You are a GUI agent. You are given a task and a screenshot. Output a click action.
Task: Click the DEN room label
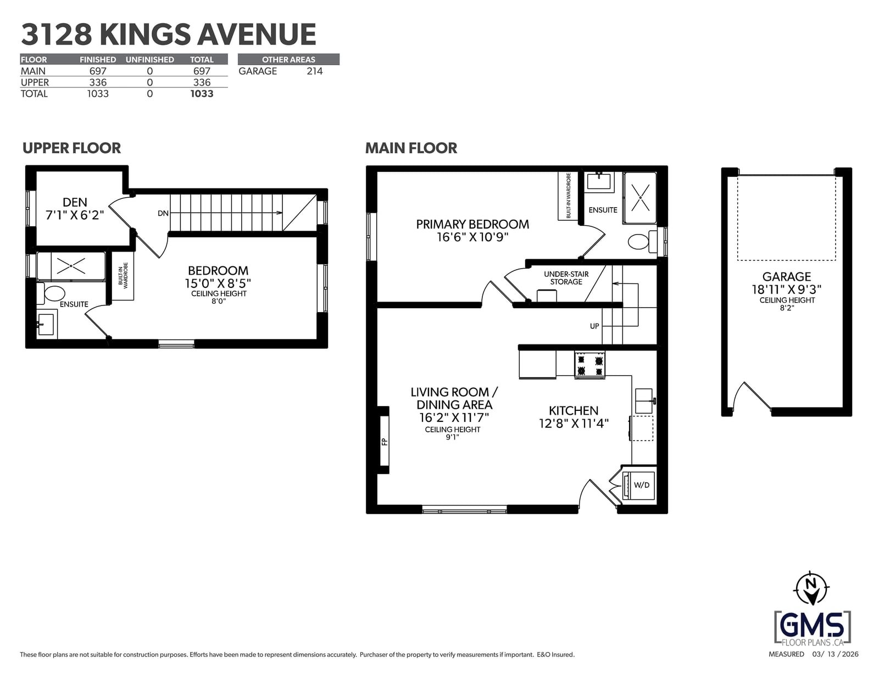(75, 202)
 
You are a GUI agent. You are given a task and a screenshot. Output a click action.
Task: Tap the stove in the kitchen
(589, 365)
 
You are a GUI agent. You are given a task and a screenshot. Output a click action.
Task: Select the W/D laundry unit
(638, 485)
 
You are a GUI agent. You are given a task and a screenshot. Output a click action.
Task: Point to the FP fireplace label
(384, 442)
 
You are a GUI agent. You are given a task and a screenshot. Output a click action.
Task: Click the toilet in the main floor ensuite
(642, 241)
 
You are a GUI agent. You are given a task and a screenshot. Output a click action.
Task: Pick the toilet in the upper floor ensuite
(51, 293)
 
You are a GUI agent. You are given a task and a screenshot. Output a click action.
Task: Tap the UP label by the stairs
(594, 326)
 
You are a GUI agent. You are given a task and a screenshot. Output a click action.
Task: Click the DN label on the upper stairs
(163, 213)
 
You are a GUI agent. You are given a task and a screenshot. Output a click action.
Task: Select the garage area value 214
(314, 71)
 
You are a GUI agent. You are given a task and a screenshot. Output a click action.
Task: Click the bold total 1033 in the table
(202, 94)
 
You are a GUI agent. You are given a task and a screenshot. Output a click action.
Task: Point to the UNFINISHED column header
(149, 59)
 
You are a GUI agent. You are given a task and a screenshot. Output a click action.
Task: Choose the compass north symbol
(810, 588)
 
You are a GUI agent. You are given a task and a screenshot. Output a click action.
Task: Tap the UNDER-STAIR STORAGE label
(566, 278)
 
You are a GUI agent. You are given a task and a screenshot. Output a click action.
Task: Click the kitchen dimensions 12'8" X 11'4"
(574, 424)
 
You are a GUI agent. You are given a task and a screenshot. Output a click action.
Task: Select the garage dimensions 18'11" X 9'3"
(786, 290)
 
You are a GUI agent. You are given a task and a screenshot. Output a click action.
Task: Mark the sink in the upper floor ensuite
(46, 325)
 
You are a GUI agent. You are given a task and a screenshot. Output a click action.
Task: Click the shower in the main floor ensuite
(640, 198)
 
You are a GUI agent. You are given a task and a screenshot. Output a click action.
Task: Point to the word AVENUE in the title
(257, 35)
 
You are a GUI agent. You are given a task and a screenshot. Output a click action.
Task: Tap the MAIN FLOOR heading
(411, 148)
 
